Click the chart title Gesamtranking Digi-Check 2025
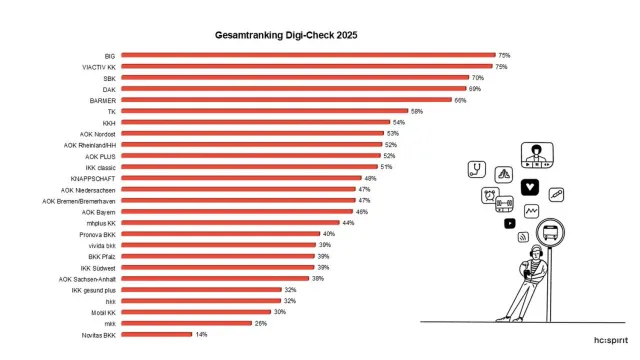(286, 34)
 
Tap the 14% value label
(201, 334)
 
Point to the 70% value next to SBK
(478, 77)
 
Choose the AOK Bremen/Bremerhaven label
(80, 200)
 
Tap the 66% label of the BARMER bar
(460, 100)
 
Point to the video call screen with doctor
(538, 156)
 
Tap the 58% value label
(416, 111)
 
